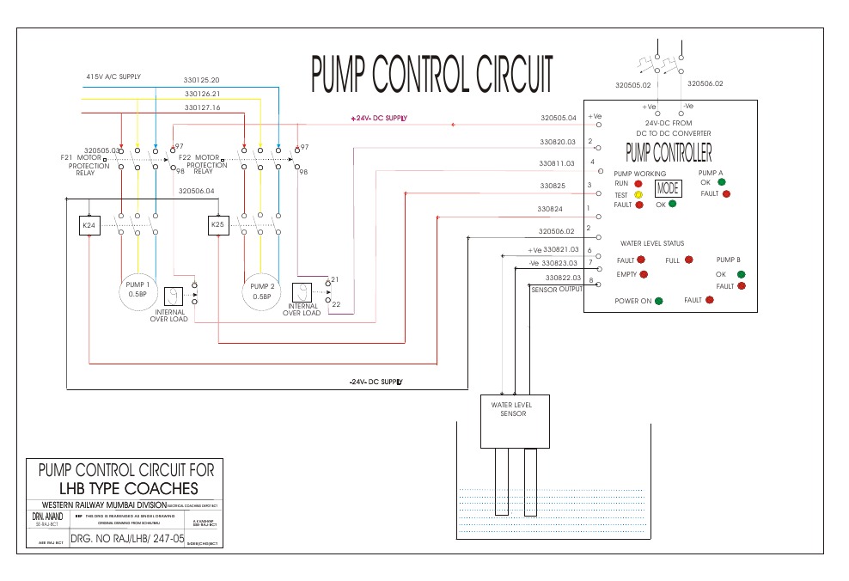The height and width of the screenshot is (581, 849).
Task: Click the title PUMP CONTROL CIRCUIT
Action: coord(431,75)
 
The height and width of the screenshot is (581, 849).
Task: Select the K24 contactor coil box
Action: coord(89,226)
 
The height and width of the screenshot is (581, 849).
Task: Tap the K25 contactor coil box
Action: coord(218,226)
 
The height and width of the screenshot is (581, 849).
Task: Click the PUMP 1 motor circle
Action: coord(138,290)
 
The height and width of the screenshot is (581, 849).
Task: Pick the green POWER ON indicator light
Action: coord(659,301)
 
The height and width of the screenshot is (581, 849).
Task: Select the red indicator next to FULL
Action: coord(688,260)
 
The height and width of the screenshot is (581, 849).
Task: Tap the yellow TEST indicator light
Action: coord(638,194)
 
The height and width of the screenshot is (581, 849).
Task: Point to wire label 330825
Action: coord(552,186)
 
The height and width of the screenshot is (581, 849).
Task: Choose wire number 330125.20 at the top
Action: coord(202,80)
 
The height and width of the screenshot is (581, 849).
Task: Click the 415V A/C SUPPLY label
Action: coord(113,76)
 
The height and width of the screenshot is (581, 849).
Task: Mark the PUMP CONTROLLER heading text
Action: coord(669,154)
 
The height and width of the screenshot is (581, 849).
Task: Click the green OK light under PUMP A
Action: coord(721,182)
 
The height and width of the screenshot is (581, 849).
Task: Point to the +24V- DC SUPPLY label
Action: coord(378,118)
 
